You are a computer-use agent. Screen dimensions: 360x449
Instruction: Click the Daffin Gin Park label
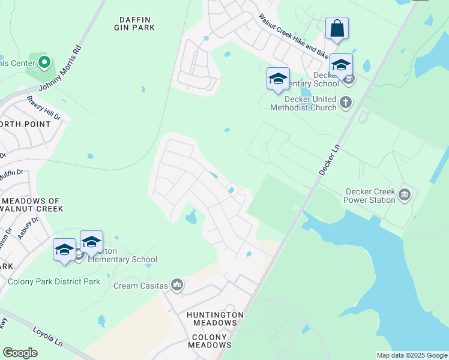135,23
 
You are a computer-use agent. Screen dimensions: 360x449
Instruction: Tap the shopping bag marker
337,28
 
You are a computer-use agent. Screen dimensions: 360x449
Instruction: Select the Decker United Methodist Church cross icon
345,103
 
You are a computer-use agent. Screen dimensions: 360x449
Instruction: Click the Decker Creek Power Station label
370,196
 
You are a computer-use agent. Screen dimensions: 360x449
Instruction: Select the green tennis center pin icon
44,62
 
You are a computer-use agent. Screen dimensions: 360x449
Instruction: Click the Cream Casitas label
141,286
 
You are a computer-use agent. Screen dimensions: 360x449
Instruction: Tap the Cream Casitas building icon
176,284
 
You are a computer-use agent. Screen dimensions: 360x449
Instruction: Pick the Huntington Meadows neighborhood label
215,319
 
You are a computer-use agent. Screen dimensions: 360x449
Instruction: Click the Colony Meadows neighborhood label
208,341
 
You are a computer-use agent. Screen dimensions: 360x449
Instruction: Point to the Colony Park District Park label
54,281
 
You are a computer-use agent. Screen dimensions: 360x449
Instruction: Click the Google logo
20,353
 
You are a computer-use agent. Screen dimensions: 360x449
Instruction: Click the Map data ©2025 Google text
412,355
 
